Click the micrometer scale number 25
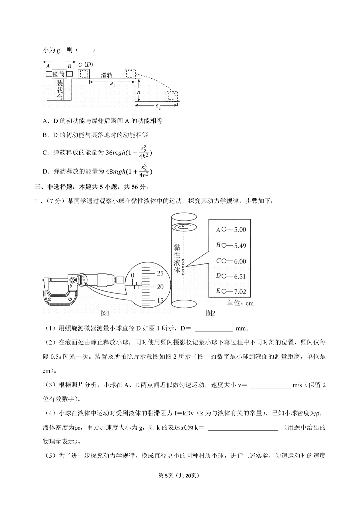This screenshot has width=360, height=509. coord(160,273)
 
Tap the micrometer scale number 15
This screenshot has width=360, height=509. coord(160,300)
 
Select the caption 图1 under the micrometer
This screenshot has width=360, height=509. coord(105,313)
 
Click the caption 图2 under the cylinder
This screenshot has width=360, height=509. coord(211,313)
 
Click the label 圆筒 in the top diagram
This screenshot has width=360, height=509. coord(59,74)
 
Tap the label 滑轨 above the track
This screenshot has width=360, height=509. coord(107,75)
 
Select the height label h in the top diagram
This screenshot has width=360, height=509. coord(139,92)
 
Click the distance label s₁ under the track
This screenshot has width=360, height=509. coord(112,84)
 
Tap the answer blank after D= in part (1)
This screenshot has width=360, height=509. coord(213,328)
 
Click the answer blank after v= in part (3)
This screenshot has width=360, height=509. coord(270,385)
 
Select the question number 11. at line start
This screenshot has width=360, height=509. coord(39,201)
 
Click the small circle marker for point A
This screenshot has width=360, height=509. coord(224,229)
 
